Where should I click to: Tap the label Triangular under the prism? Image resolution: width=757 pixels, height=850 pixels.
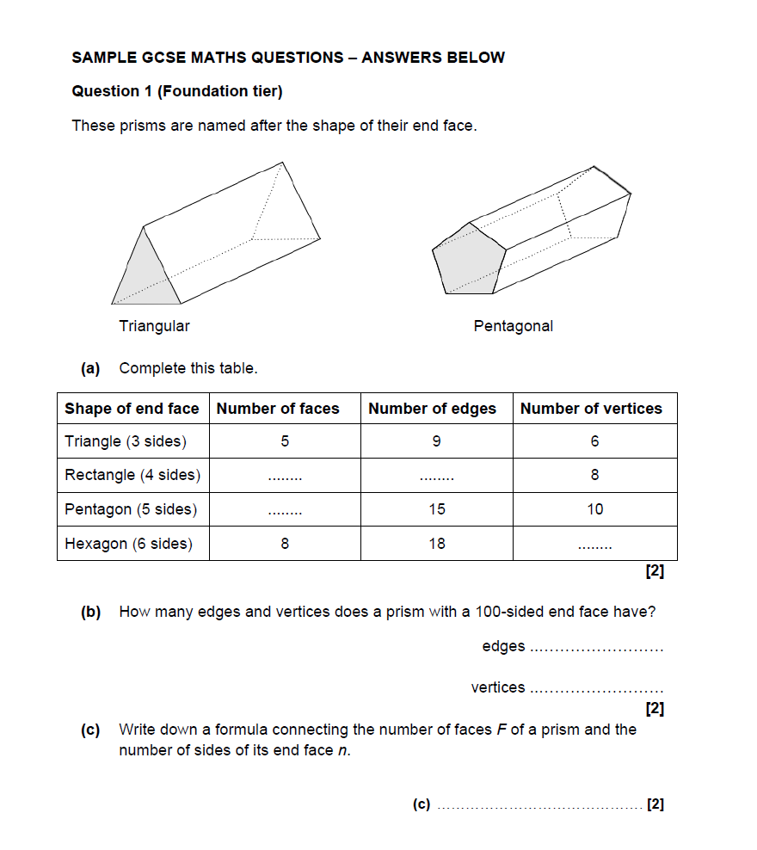[155, 326]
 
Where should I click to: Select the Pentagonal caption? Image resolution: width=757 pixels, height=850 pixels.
[514, 326]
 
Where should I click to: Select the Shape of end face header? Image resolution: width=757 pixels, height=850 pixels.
[132, 409]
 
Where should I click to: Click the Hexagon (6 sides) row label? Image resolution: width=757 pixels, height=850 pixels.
[129, 544]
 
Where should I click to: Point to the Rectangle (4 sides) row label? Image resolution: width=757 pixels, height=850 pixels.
[132, 475]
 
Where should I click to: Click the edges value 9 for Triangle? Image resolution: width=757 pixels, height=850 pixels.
[437, 441]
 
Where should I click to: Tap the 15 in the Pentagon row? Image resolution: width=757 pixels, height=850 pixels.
[437, 509]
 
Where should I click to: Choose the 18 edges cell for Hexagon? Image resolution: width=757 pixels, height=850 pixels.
[437, 544]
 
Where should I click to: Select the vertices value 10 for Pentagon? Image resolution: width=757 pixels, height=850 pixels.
[595, 509]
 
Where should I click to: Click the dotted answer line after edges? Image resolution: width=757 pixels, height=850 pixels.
[598, 648]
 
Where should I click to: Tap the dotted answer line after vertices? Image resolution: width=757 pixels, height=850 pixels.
[598, 689]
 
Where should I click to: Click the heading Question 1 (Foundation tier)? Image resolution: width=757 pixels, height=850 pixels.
[177, 91]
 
